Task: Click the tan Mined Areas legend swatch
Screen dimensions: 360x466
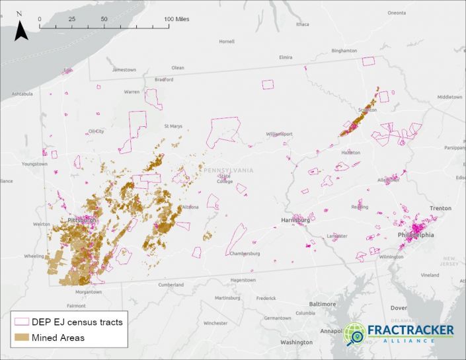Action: pyautogui.click(x=22, y=338)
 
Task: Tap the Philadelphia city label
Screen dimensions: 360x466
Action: pyautogui.click(x=416, y=234)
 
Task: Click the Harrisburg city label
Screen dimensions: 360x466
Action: pyautogui.click(x=295, y=220)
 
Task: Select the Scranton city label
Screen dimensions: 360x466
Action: pyautogui.click(x=367, y=110)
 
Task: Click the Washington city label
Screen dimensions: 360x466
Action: pyautogui.click(x=295, y=342)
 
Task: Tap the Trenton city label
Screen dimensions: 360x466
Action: pyautogui.click(x=440, y=208)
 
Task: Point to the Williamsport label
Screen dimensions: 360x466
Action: pyautogui.click(x=279, y=134)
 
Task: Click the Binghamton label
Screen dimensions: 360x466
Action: pyautogui.click(x=344, y=50)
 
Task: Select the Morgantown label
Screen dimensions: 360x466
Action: pyautogui.click(x=88, y=291)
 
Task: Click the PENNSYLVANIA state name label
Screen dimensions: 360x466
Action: pyautogui.click(x=228, y=170)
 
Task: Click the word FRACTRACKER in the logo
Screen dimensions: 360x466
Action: pyautogui.click(x=410, y=330)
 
